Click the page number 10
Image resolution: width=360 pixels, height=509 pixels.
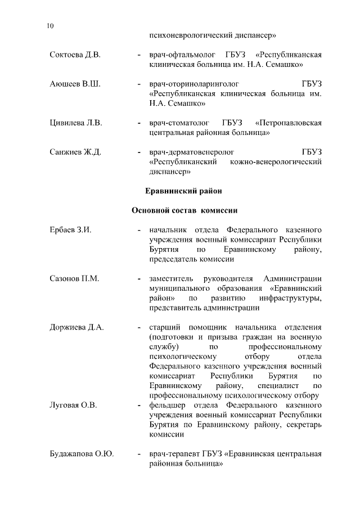(51, 26)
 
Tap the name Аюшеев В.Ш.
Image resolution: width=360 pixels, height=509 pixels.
(74, 84)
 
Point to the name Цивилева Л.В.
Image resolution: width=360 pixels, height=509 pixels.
(75, 123)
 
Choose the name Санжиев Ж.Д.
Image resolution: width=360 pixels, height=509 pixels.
(75, 152)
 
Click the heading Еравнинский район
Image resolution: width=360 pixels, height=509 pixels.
(184, 191)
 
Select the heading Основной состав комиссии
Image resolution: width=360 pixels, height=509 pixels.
(184, 210)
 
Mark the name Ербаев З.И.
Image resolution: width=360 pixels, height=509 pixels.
(70, 230)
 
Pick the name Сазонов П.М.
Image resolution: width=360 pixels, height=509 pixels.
(74, 278)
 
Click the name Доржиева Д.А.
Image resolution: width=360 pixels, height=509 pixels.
(76, 327)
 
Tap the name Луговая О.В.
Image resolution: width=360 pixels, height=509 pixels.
(73, 405)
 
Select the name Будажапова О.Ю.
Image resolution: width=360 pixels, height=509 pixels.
(82, 454)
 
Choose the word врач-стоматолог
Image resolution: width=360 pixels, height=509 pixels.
(177, 123)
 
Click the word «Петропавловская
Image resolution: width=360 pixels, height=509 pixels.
(288, 123)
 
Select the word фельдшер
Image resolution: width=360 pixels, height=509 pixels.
(168, 405)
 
